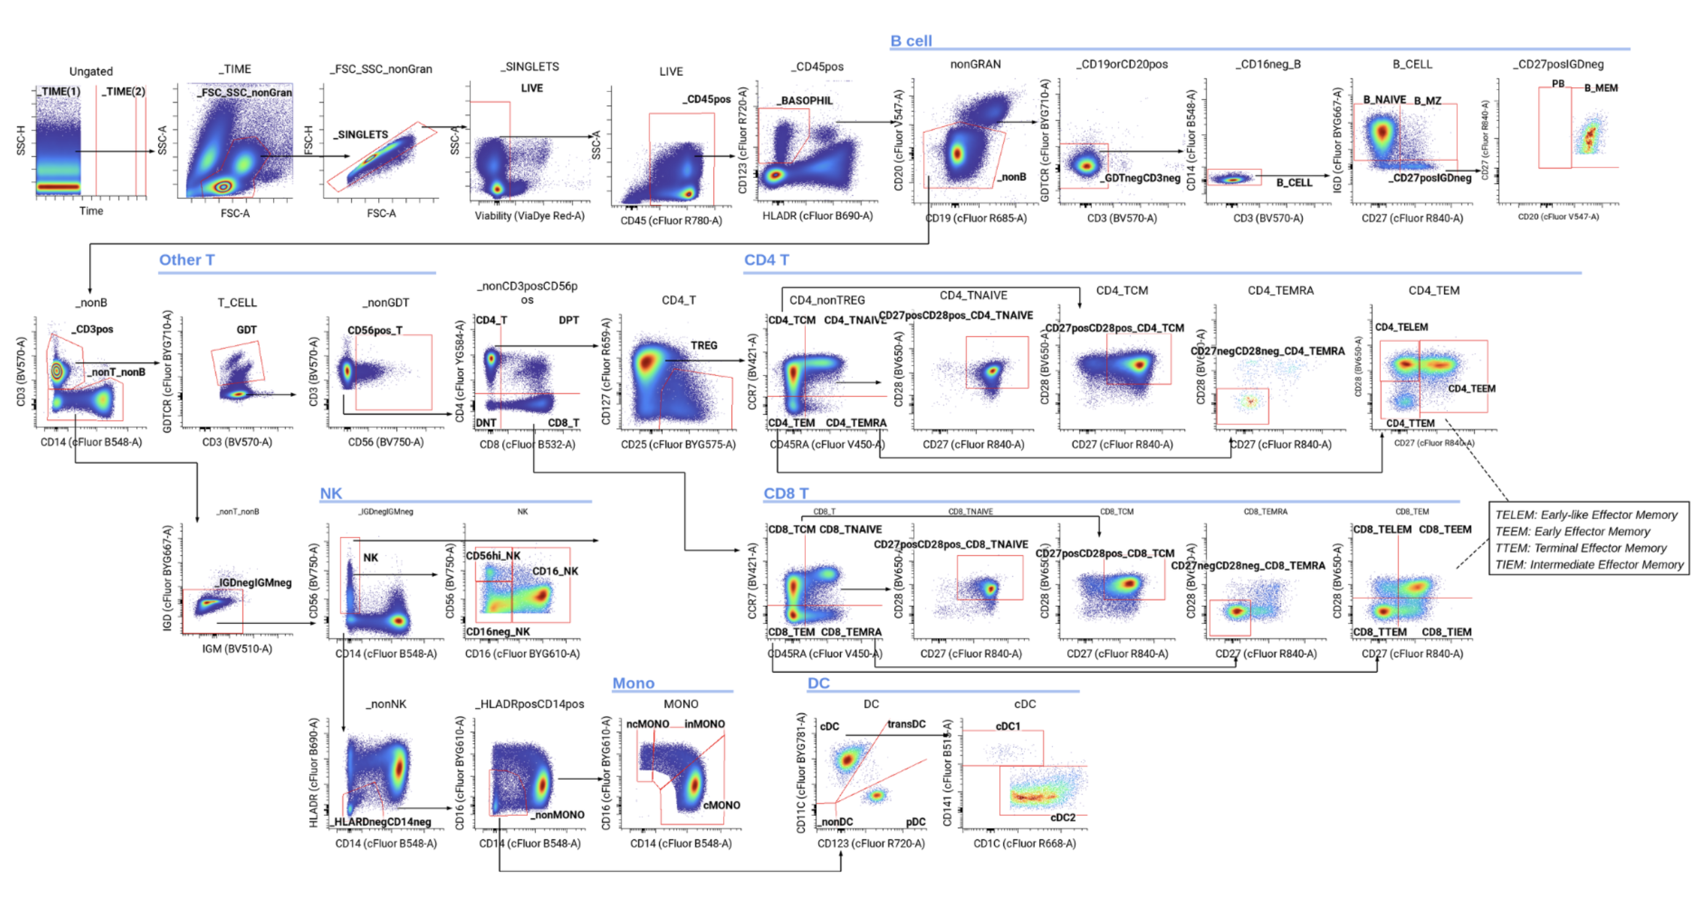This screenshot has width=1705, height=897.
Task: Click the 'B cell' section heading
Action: (911, 41)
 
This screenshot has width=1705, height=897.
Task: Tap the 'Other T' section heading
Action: (187, 260)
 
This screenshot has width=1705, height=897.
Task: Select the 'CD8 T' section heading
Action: (786, 493)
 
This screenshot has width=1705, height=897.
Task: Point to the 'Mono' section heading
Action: (633, 683)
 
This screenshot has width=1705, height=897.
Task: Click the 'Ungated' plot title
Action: (91, 71)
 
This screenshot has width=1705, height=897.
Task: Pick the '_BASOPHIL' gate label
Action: (804, 101)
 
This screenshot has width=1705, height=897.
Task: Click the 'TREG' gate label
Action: (703, 345)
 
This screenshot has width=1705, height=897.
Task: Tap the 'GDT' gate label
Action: (246, 329)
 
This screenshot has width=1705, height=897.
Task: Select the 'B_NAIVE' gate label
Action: (1384, 100)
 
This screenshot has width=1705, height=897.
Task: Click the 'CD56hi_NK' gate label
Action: (493, 556)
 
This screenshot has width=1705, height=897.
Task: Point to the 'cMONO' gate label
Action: (721, 805)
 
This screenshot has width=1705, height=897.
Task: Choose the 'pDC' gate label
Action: (915, 822)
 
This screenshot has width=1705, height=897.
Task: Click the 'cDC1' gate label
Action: (1007, 726)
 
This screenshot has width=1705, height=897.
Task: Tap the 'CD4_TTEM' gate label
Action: (1410, 423)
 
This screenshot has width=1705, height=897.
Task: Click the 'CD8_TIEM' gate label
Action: (1446, 632)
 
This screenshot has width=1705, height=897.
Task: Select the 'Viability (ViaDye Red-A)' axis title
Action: (530, 215)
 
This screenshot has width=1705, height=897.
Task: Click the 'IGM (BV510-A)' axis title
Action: (237, 649)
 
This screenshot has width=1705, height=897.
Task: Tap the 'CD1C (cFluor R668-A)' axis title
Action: (1024, 844)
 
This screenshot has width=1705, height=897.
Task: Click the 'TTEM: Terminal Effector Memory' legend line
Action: (1580, 548)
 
